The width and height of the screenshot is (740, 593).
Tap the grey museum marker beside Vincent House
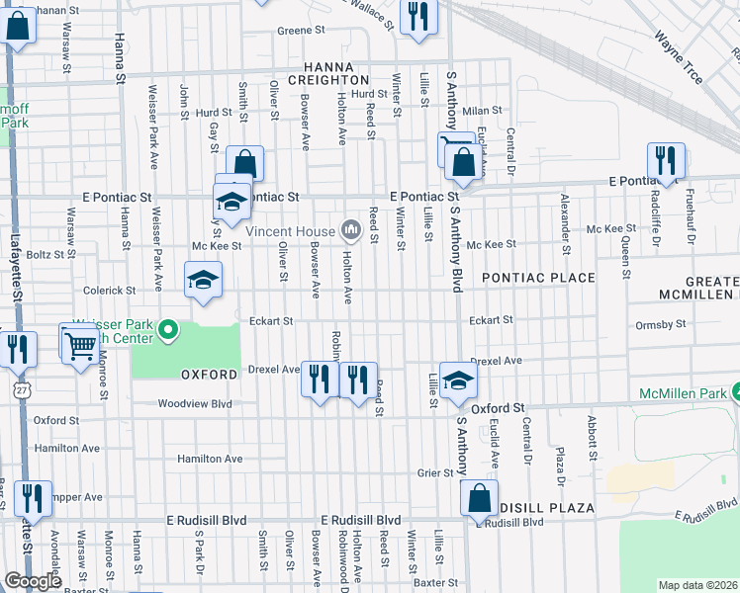point(349,230)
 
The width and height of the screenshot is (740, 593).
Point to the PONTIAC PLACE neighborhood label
point(538,279)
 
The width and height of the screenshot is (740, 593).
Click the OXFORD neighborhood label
point(209,375)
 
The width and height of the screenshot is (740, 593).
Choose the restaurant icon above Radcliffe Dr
point(666,161)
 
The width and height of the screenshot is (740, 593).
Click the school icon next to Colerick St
point(203,280)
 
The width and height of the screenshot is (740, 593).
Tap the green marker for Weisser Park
point(168,329)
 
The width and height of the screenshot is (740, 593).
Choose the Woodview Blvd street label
point(195,404)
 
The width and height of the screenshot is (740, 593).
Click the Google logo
point(33,582)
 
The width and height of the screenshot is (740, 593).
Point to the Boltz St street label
point(45,254)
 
